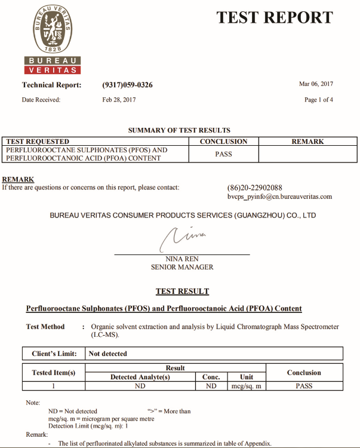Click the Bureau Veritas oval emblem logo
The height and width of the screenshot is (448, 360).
coord(52,30)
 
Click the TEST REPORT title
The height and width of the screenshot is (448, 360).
coord(274,18)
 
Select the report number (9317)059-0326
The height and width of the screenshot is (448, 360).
coord(127,85)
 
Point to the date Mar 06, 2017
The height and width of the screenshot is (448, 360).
coord(316,84)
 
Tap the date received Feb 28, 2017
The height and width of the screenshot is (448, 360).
coord(119,100)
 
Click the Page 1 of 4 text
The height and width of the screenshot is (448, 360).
coord(319,100)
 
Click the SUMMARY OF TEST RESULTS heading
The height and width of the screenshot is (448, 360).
coord(179,130)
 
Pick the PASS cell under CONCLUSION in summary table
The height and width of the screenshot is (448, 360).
coord(223,154)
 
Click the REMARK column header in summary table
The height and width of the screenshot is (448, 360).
coord(307,142)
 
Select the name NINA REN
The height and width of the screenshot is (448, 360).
coord(181,259)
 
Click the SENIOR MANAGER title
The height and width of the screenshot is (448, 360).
coord(181,267)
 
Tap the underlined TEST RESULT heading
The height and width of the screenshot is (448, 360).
coord(182,291)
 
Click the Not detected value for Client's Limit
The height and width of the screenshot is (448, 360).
coord(108,354)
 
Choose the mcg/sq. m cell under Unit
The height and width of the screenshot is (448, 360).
coord(247,386)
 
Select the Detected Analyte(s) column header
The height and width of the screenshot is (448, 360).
coord(140,377)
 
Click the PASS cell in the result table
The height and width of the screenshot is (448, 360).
coord(304,386)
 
